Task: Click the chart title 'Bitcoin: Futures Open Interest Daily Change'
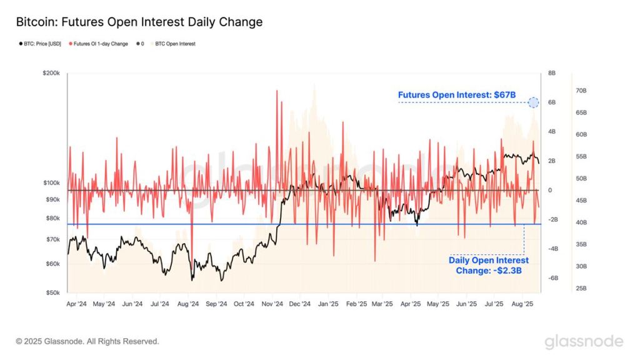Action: (x=139, y=22)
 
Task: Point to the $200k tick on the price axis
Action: (x=51, y=73)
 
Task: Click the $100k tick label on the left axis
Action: (x=51, y=183)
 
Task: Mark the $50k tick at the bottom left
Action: (x=52, y=292)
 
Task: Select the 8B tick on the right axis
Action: (x=552, y=73)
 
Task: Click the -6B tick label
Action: (x=553, y=278)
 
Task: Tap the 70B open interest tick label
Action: (x=581, y=91)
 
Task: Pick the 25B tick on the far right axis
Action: (x=581, y=289)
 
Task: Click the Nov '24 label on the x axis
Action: (x=272, y=304)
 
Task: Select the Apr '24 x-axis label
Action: (x=76, y=304)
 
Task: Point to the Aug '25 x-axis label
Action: (x=522, y=304)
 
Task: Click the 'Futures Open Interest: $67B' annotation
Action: (x=457, y=95)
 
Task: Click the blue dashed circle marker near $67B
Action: (x=533, y=102)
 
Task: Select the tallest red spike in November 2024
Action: (x=276, y=91)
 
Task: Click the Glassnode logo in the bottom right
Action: (x=583, y=341)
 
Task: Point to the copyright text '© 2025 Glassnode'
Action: (x=87, y=341)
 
